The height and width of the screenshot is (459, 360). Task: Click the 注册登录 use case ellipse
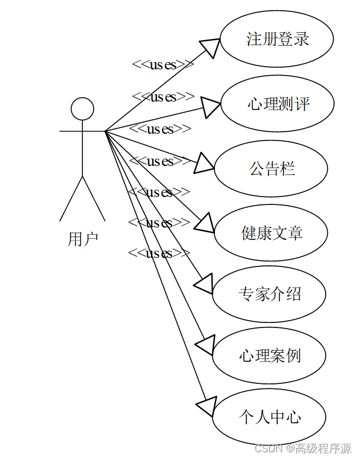[276, 39]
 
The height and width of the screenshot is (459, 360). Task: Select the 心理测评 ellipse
[277, 104]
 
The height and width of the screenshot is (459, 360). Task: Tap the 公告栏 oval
[271, 169]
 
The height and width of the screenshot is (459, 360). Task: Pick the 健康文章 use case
[271, 233]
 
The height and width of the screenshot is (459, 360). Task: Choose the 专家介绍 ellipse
[269, 294]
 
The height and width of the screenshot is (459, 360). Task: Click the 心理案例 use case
[269, 356]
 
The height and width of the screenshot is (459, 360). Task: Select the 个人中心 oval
[269, 417]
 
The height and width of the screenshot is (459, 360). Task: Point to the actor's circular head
[82, 108]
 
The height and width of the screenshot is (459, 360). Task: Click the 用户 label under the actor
[83, 239]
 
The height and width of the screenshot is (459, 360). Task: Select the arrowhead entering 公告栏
[204, 164]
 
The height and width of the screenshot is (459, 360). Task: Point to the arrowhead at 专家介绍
[203, 284]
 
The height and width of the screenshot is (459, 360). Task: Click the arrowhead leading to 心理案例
[204, 344]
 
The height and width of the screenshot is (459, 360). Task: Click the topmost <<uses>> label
[163, 64]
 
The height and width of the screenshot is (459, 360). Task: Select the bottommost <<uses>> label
[159, 253]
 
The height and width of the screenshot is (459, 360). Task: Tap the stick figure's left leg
[71, 199]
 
